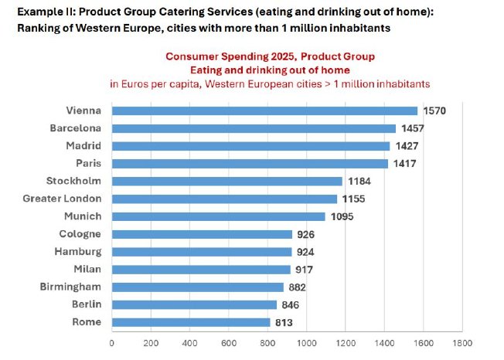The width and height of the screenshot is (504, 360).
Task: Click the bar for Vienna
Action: click(x=264, y=110)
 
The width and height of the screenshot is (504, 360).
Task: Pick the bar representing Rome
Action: click(x=191, y=322)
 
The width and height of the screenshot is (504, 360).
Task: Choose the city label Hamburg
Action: click(x=78, y=252)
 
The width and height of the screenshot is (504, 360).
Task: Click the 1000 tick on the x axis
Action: click(x=307, y=341)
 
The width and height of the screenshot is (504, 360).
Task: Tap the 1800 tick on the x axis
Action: click(x=462, y=341)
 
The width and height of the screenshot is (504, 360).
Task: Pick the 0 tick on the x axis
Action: click(x=112, y=341)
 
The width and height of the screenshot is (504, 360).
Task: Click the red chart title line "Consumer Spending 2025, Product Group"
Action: click(x=270, y=56)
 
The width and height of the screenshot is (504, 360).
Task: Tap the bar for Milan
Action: click(x=201, y=270)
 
